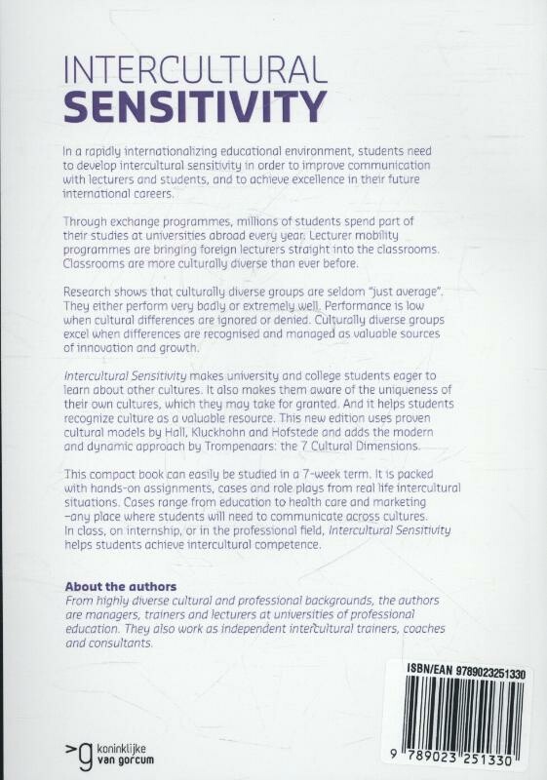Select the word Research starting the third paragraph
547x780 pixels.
(x=89, y=292)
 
